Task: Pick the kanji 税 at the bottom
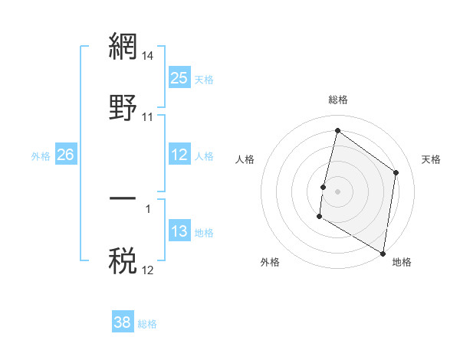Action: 123,260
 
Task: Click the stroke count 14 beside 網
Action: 148,56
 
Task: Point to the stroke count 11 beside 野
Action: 148,117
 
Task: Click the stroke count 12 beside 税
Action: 148,270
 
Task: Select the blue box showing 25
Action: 179,78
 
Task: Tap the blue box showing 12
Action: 179,155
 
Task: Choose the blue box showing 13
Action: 179,231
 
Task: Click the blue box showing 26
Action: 65,155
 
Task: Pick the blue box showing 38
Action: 123,322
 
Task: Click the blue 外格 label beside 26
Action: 41,155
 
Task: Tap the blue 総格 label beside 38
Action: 147,324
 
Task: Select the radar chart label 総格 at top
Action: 338,100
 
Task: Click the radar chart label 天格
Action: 432,159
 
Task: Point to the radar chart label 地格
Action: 402,262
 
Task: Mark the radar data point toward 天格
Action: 396,172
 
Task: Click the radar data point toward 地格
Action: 383,253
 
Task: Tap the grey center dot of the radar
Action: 338,191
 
